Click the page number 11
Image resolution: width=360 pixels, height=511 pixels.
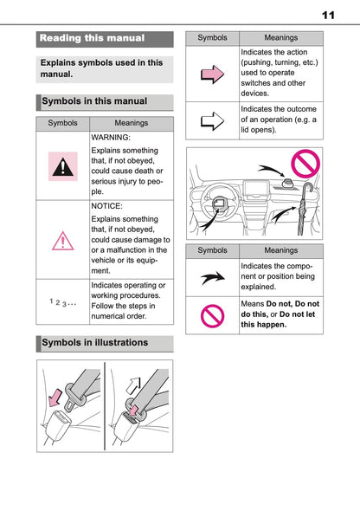pos(327,15)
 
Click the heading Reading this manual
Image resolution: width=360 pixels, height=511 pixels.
pos(92,38)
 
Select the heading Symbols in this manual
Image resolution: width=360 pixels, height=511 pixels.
pos(95,101)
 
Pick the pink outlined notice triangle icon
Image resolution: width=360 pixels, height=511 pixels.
pos(61,239)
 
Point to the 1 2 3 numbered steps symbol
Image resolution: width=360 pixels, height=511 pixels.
pos(63,301)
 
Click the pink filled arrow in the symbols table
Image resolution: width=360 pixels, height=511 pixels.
pos(212,74)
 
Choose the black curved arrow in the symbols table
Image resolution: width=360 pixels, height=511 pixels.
pos(212,276)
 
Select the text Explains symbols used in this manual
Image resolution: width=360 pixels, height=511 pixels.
pos(102,69)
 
